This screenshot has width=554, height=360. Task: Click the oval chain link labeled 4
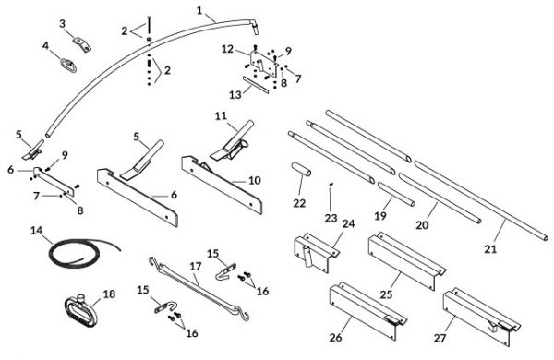tap(68, 66)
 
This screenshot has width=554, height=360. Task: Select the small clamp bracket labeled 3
tap(82, 43)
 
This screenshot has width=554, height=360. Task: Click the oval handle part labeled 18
tap(81, 311)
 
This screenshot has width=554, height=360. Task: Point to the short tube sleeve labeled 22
tap(301, 169)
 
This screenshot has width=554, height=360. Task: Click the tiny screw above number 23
tap(331, 185)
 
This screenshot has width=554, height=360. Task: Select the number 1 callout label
tap(200, 10)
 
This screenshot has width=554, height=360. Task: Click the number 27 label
tap(440, 338)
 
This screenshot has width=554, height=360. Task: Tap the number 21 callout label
tap(490, 249)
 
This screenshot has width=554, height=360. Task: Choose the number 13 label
tap(235, 95)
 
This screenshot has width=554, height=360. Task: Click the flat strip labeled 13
tap(256, 84)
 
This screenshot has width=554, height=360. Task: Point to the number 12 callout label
tap(227, 49)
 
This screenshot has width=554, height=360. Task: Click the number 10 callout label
tap(255, 180)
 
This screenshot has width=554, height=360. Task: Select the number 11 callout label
tap(221, 116)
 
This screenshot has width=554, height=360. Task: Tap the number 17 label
tap(196, 267)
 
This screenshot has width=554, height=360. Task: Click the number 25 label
tap(387, 294)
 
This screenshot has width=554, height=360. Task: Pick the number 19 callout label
tap(380, 215)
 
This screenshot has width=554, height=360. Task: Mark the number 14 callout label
tap(36, 231)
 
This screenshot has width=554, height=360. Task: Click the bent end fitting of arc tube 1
tap(254, 26)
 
